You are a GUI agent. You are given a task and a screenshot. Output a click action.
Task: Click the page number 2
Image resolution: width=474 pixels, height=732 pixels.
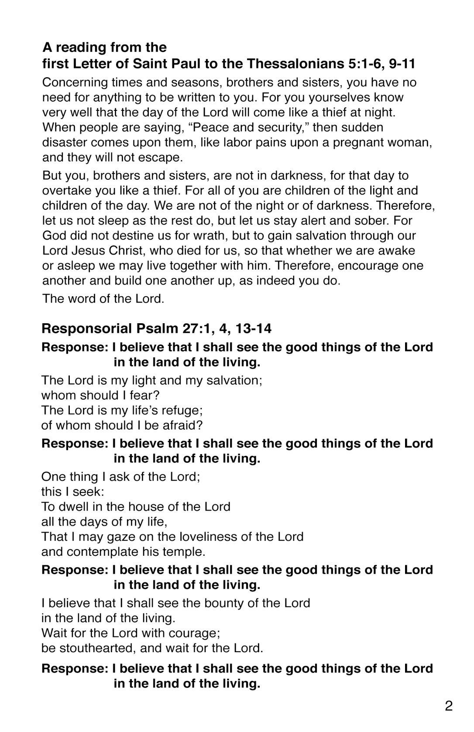point(449,706)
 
